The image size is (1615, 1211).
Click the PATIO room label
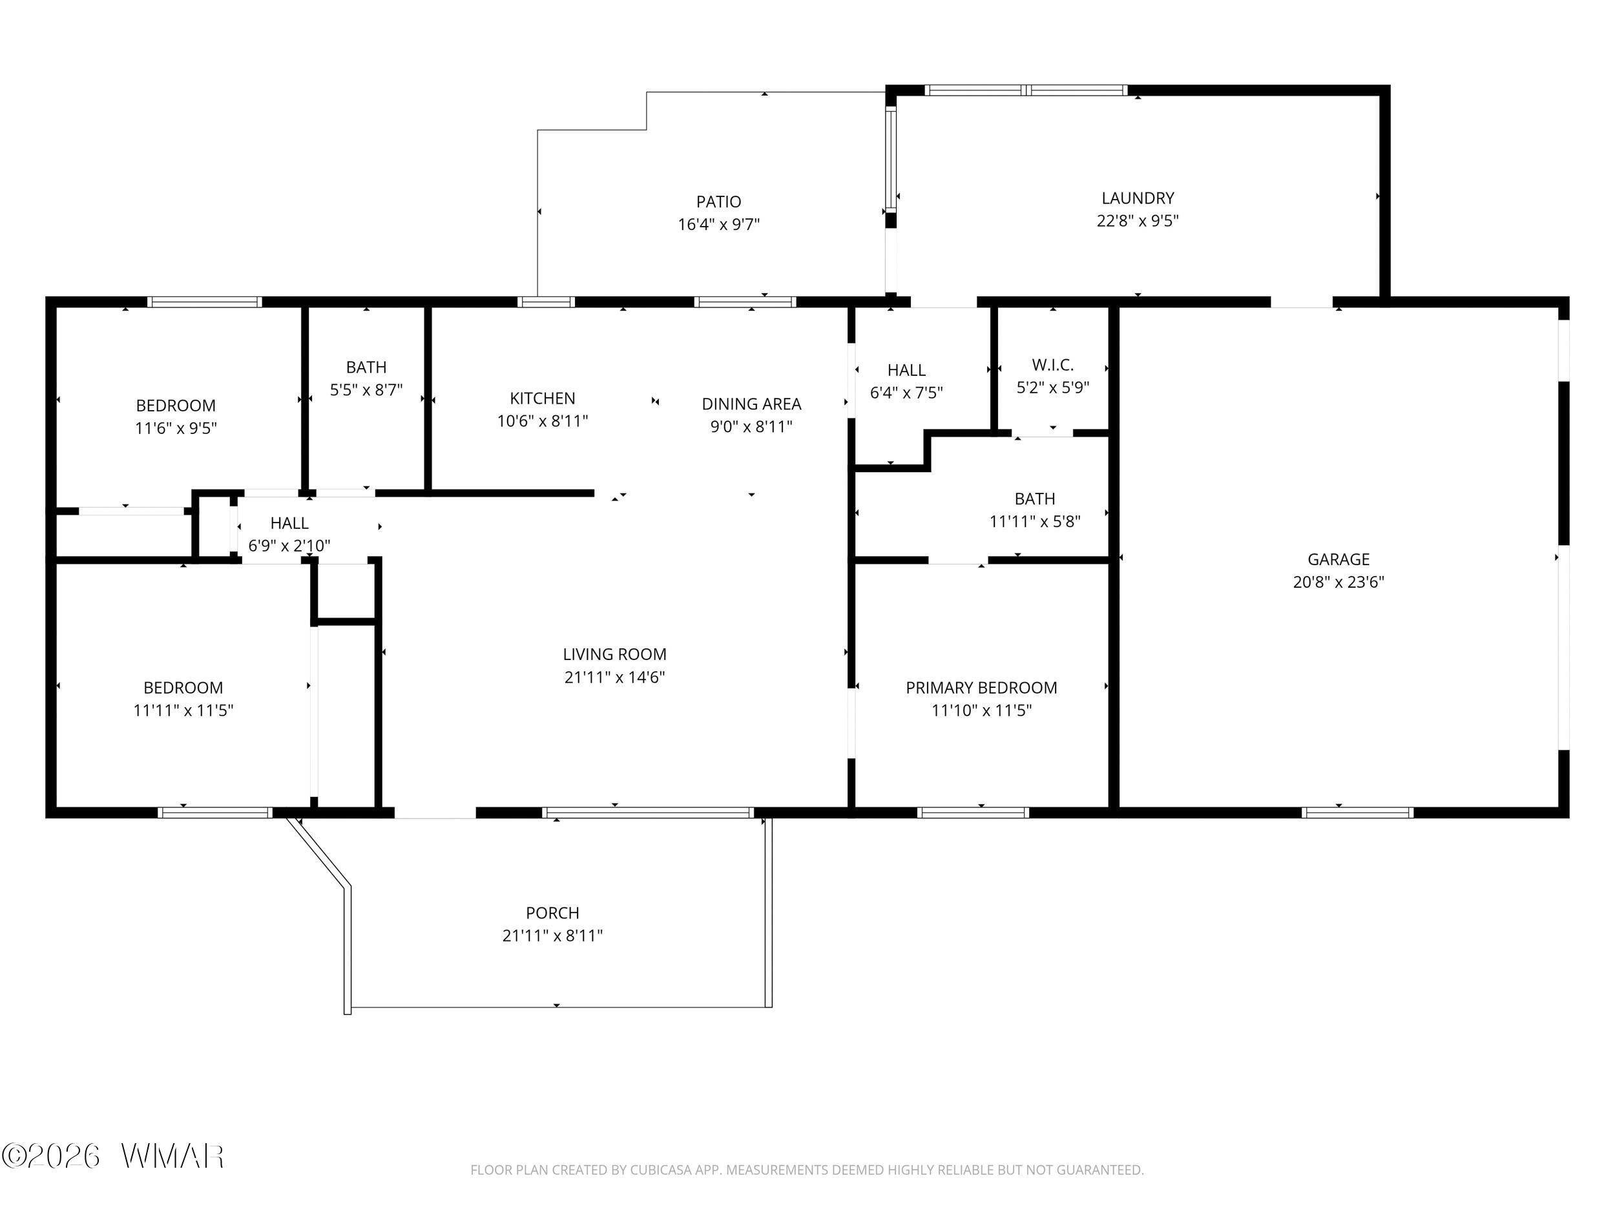click(718, 202)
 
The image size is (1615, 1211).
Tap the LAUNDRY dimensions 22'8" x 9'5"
click(1138, 220)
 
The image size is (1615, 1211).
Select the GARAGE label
click(1339, 559)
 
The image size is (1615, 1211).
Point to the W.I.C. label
click(1053, 365)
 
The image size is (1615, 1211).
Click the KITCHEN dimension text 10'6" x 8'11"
click(543, 421)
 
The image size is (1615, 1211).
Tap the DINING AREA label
click(751, 404)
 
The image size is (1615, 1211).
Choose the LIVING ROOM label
click(615, 654)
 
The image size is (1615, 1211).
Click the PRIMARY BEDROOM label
click(981, 688)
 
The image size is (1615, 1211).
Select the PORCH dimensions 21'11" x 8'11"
click(553, 935)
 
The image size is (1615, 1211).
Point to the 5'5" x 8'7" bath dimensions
click(366, 390)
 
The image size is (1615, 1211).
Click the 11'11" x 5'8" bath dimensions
click(1034, 521)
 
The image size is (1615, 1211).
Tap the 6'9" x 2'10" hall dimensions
click(289, 545)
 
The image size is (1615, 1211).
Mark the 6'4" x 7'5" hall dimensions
click(906, 393)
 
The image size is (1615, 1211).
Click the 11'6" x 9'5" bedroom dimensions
click(176, 428)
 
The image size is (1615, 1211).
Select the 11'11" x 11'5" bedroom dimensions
click(183, 710)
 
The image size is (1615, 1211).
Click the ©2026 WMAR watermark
click(113, 1156)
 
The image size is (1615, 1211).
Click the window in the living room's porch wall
click(647, 813)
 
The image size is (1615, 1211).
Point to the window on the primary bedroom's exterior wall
click(974, 813)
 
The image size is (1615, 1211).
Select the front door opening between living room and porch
click(435, 813)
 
